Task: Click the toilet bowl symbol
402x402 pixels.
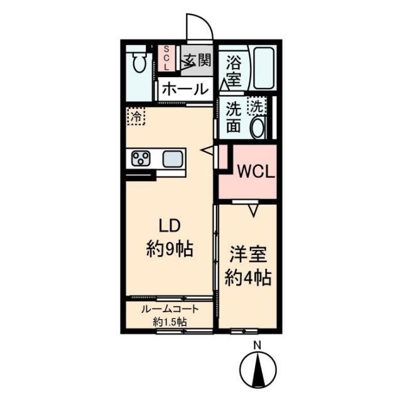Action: click(x=139, y=62)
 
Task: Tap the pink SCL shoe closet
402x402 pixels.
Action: click(x=166, y=58)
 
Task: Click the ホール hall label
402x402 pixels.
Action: click(x=185, y=89)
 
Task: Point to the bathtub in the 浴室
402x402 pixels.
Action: click(x=264, y=68)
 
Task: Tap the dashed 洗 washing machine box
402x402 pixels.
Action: click(x=257, y=106)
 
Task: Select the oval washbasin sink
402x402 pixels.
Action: click(x=258, y=128)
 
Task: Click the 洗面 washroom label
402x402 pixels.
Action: click(x=234, y=117)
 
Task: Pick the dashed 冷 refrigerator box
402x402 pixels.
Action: click(x=136, y=116)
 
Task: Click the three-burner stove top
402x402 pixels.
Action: click(x=141, y=158)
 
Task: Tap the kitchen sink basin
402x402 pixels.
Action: click(x=173, y=159)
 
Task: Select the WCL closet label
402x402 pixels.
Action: click(x=256, y=172)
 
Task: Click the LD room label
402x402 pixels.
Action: click(x=170, y=226)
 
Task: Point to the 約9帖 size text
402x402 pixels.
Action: click(x=170, y=249)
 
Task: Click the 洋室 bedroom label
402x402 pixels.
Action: click(x=248, y=254)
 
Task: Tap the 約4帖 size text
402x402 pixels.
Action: click(x=248, y=278)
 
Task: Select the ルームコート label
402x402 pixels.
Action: click(x=170, y=309)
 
